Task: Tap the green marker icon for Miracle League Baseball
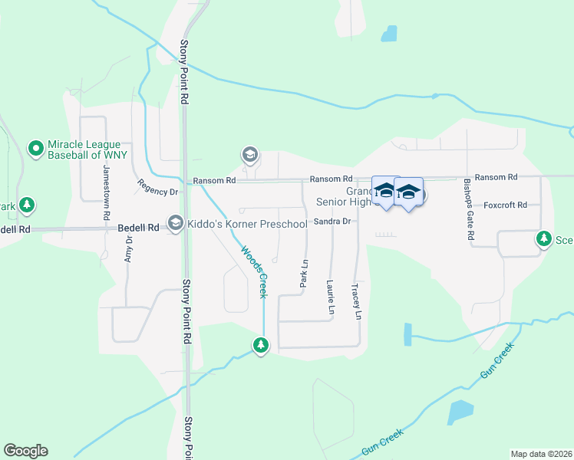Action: tap(35, 149)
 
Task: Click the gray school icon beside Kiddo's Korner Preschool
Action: tap(176, 223)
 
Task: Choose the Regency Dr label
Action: tap(157, 187)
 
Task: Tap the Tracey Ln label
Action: tap(356, 301)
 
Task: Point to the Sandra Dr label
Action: tap(332, 222)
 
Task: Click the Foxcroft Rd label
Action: tap(505, 205)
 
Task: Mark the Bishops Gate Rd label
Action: tap(469, 208)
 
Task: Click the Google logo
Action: tap(25, 451)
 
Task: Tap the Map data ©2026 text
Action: tap(540, 453)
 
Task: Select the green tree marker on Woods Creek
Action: tap(262, 346)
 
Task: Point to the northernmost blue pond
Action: tap(390, 34)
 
